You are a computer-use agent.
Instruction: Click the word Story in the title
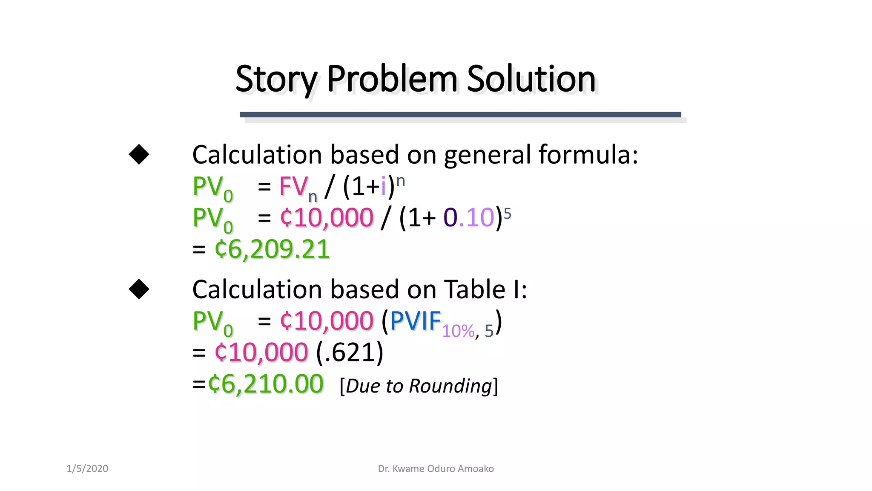click(x=276, y=79)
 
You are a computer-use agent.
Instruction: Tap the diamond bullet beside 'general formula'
click(x=139, y=154)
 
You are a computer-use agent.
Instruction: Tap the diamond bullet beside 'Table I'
click(x=139, y=289)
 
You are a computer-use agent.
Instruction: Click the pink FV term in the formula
click(x=293, y=187)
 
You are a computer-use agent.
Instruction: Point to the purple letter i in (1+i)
click(x=383, y=187)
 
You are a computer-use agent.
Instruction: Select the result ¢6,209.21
click(x=272, y=249)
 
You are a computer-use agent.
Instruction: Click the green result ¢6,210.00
click(x=266, y=384)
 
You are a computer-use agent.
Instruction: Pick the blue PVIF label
click(x=415, y=321)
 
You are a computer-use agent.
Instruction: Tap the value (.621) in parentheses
click(x=350, y=352)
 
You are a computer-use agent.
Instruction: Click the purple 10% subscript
click(x=458, y=331)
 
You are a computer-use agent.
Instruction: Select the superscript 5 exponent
click(x=507, y=213)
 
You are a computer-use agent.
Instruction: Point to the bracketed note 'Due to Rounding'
click(x=419, y=386)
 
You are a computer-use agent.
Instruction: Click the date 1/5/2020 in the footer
click(x=87, y=468)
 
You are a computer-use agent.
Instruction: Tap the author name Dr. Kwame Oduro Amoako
click(x=436, y=468)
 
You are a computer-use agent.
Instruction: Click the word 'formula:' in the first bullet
click(x=588, y=154)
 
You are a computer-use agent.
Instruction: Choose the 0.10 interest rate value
click(x=468, y=218)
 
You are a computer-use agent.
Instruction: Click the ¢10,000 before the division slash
click(x=327, y=218)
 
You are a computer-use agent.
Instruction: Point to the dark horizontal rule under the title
click(x=460, y=114)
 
